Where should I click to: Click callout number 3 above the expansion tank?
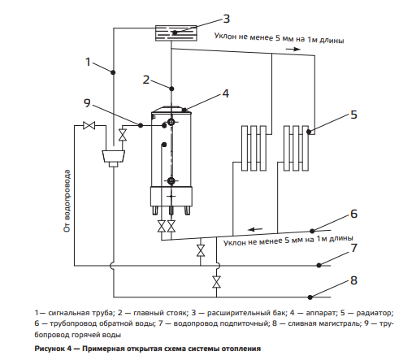point(227,19)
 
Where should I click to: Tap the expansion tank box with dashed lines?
point(176,33)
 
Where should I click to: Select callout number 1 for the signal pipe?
point(88,62)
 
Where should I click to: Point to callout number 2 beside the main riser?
point(146,80)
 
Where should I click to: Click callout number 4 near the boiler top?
point(226,93)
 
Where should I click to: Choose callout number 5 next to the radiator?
point(353,115)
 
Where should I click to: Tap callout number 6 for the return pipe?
point(353,214)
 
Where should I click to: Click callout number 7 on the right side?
point(354,248)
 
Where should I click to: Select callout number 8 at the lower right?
point(353,280)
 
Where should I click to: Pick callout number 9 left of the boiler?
point(87,103)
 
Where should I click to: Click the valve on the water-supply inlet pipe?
point(89,125)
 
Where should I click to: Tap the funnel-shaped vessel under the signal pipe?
point(114,156)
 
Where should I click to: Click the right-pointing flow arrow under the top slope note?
point(293,49)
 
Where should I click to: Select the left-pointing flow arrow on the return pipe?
point(255,229)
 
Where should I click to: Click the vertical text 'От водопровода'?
point(67,201)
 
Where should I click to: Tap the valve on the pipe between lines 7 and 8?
point(216,282)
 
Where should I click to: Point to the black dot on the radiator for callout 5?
point(309,132)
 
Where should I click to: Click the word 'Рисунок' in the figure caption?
point(48,349)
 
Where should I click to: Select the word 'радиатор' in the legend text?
point(374,313)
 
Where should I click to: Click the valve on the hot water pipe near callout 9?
point(123,135)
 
